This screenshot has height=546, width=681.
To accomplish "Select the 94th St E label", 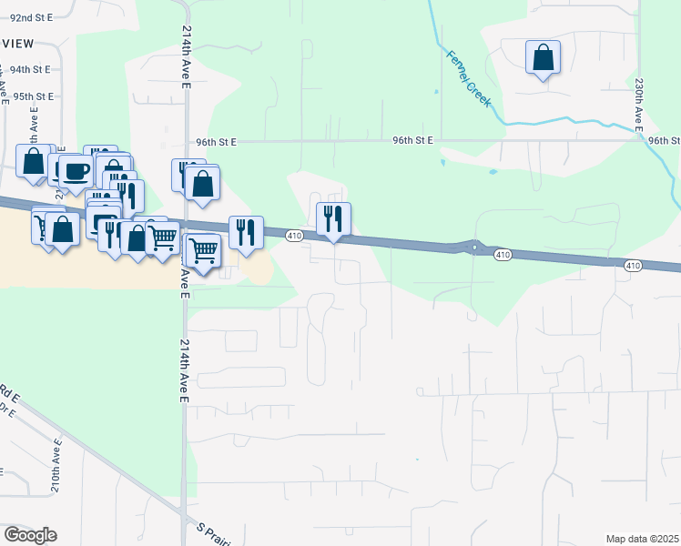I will (29, 69).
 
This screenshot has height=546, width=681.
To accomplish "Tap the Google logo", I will (30, 534).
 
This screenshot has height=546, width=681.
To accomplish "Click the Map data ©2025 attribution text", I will (643, 538).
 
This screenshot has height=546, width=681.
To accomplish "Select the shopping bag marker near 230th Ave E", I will (544, 57).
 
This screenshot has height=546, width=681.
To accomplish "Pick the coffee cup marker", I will (75, 170).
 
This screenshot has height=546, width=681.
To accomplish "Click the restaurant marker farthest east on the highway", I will (333, 218).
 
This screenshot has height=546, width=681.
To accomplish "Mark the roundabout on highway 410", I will (473, 246).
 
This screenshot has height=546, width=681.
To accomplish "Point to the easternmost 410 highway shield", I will (634, 265).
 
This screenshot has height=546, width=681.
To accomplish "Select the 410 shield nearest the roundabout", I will (503, 256).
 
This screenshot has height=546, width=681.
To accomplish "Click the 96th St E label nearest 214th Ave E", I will (216, 142).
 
